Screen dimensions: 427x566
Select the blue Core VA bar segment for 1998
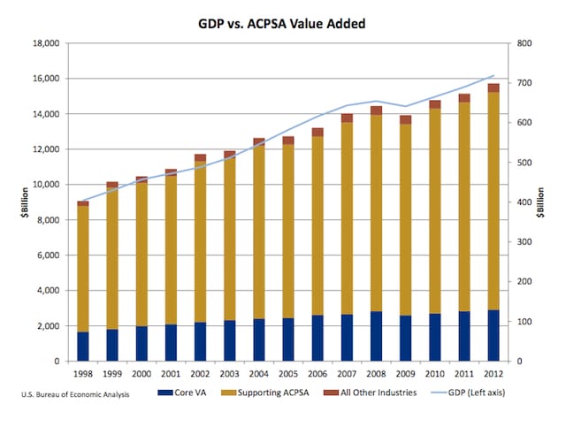[83, 347]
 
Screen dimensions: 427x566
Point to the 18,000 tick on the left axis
[44, 43]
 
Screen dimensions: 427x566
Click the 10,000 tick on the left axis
[44, 185]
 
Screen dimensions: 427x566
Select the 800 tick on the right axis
[523, 43]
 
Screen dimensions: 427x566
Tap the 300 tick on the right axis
[523, 242]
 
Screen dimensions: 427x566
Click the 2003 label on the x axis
[229, 374]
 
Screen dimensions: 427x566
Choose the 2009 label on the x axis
[405, 374]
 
